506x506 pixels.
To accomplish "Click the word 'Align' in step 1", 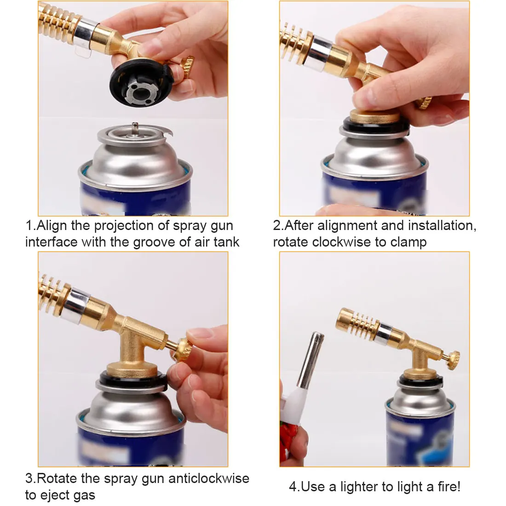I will coord(52,226).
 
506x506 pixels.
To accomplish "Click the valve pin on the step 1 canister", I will coord(134,127).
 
